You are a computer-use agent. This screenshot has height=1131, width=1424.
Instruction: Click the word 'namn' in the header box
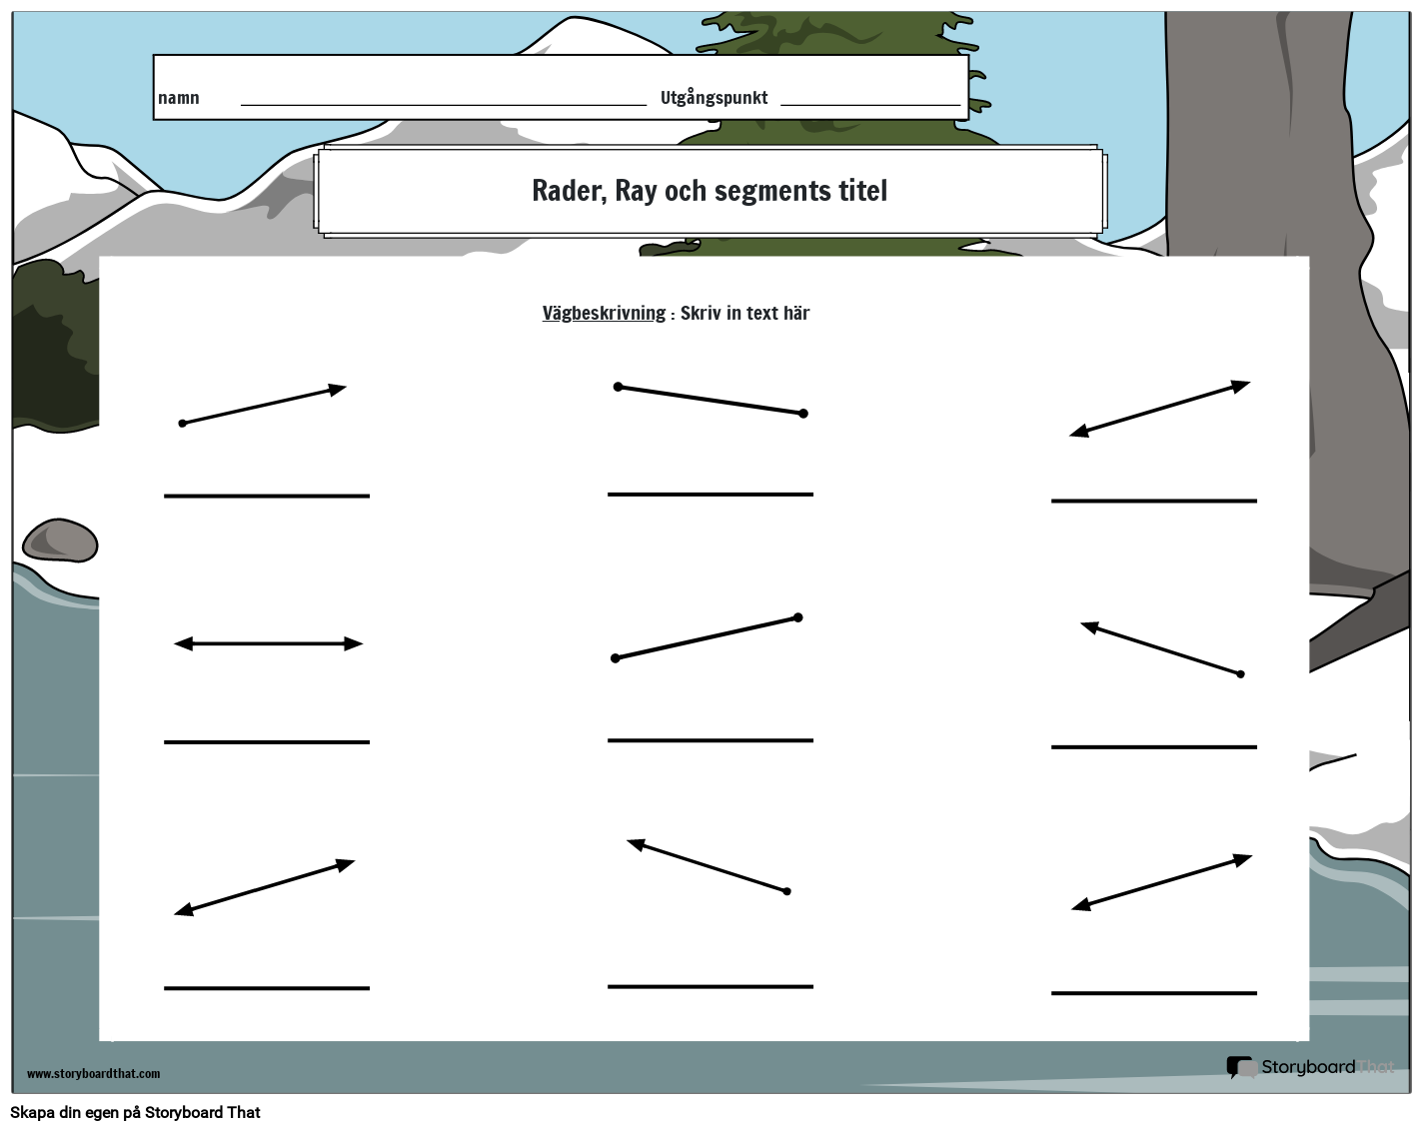coord(179,98)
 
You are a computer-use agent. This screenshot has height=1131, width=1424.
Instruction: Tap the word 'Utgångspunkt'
coord(713,97)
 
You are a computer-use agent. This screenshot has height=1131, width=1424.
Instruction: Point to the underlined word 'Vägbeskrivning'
coord(604,313)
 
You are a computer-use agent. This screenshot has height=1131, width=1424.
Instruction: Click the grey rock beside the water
coord(60,540)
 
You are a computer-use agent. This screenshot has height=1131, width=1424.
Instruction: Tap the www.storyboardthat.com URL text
coord(93,1073)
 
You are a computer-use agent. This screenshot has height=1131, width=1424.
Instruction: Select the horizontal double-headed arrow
coord(268,643)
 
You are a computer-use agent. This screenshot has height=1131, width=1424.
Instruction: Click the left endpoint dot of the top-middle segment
coord(618,387)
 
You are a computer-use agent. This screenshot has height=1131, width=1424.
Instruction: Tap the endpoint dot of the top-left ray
coord(183,424)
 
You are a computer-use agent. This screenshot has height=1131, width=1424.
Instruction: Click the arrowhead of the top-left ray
coord(338,389)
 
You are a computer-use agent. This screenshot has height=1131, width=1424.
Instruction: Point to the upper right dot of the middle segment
coord(798,617)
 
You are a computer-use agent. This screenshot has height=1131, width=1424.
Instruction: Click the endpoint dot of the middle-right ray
coord(1241,674)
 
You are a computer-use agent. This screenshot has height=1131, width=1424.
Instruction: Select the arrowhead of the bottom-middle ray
coord(636,844)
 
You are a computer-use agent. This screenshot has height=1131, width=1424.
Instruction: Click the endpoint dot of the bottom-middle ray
coord(786,891)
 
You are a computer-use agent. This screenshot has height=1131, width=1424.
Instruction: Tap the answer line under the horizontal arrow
coord(267,742)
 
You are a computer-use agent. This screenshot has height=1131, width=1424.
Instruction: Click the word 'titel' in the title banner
coord(862,191)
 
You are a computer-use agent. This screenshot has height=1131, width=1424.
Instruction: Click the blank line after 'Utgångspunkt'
coord(870,105)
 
